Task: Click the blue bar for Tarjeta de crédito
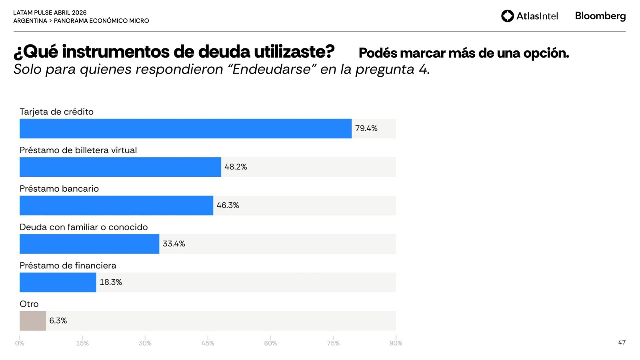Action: pyautogui.click(x=186, y=128)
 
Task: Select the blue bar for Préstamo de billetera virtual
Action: pyautogui.click(x=120, y=167)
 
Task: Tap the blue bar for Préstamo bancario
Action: pyautogui.click(x=116, y=205)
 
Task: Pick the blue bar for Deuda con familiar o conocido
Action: pyautogui.click(x=89, y=244)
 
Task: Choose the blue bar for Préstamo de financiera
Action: pyautogui.click(x=58, y=282)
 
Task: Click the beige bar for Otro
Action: pyautogui.click(x=33, y=320)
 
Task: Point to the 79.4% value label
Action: pyautogui.click(x=366, y=128)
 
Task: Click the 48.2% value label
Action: pyautogui.click(x=236, y=167)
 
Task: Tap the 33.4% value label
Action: pyautogui.click(x=174, y=244)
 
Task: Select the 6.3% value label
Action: pyautogui.click(x=58, y=320)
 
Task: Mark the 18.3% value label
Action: pyautogui.click(x=111, y=282)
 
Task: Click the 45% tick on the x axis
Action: pyautogui.click(x=208, y=343)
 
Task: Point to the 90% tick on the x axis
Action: pyautogui.click(x=396, y=343)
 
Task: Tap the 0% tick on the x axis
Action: pyautogui.click(x=20, y=343)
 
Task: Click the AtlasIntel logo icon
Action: pyautogui.click(x=507, y=16)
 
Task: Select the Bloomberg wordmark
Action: pyautogui.click(x=600, y=16)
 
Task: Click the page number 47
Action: pyautogui.click(x=622, y=342)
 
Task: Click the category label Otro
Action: pyautogui.click(x=29, y=304)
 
